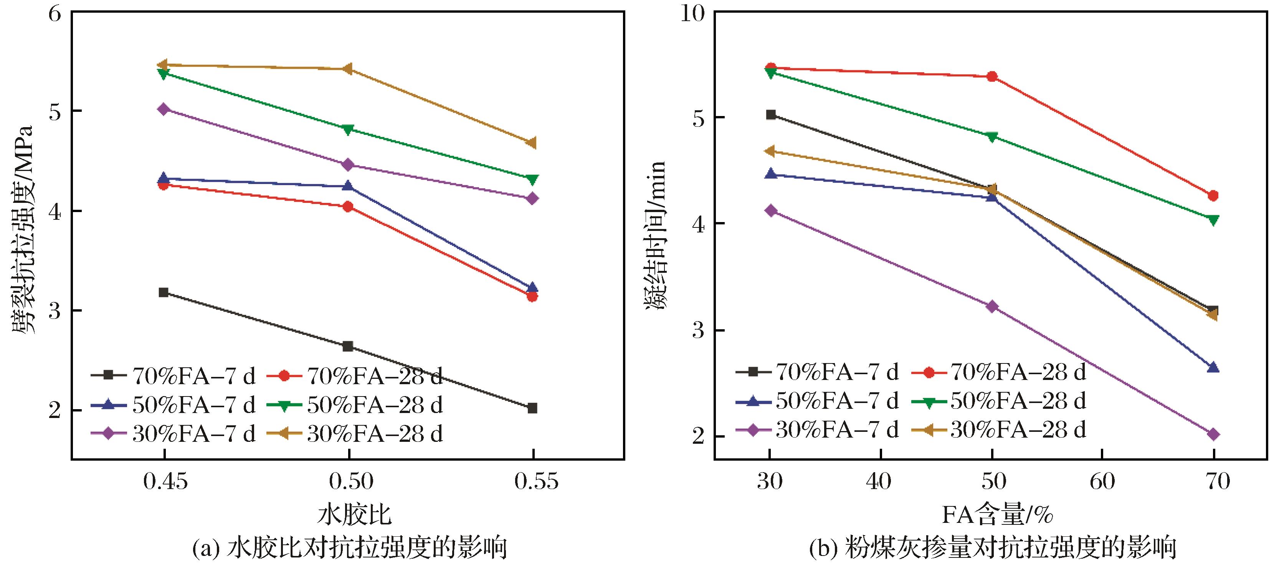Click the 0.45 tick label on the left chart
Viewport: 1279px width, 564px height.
pos(165,481)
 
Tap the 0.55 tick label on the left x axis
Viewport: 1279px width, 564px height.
pos(536,481)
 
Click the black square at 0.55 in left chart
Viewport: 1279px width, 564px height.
pos(532,408)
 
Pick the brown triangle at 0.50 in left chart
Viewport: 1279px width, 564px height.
pos(348,68)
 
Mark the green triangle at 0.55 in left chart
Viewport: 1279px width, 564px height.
pos(532,179)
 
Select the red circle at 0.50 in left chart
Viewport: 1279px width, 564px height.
pos(348,206)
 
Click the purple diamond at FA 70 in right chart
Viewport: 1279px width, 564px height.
pos(1213,434)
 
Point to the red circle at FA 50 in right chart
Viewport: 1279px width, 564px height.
pos(992,76)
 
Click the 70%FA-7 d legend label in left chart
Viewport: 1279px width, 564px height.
pos(193,376)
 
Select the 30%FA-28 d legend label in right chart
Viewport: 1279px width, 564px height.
pos(1018,429)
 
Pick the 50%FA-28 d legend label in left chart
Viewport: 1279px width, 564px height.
pos(375,405)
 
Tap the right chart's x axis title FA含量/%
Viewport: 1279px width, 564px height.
pos(998,515)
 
